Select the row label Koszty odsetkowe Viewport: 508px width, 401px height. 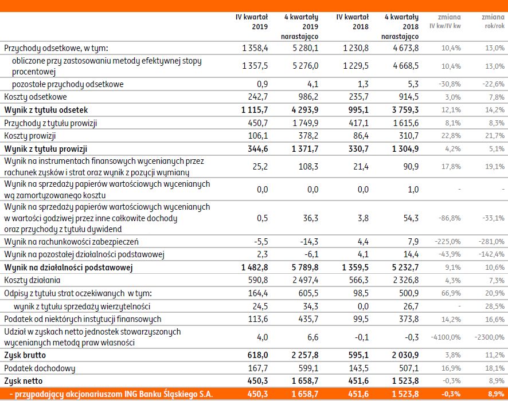pos(36,97)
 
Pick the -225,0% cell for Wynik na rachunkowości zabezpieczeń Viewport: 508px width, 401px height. pos(448,242)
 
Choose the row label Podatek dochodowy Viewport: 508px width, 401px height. pos(40,368)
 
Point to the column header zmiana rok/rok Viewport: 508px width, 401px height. pos(493,22)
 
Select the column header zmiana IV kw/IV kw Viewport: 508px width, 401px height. pos(445,22)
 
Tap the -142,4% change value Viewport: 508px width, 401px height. pos(493,254)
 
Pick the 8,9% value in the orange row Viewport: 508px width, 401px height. pos(496,394)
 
